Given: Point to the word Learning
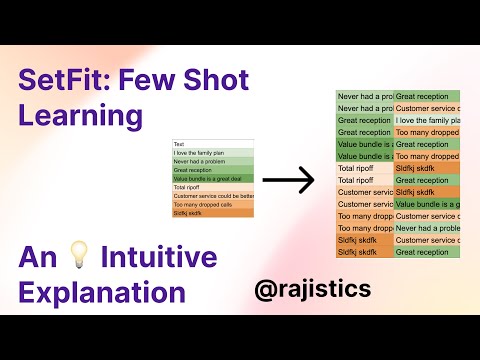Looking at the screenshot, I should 81,116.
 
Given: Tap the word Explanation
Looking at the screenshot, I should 102,294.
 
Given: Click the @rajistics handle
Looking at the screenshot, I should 313,289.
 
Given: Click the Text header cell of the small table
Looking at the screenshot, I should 180,143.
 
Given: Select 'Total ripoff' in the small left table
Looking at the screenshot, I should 187,187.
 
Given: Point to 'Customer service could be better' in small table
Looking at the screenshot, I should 212,196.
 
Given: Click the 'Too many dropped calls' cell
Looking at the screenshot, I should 197,204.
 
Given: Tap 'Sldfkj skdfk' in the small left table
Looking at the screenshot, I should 188,213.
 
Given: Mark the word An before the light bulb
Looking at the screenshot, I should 35,258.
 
